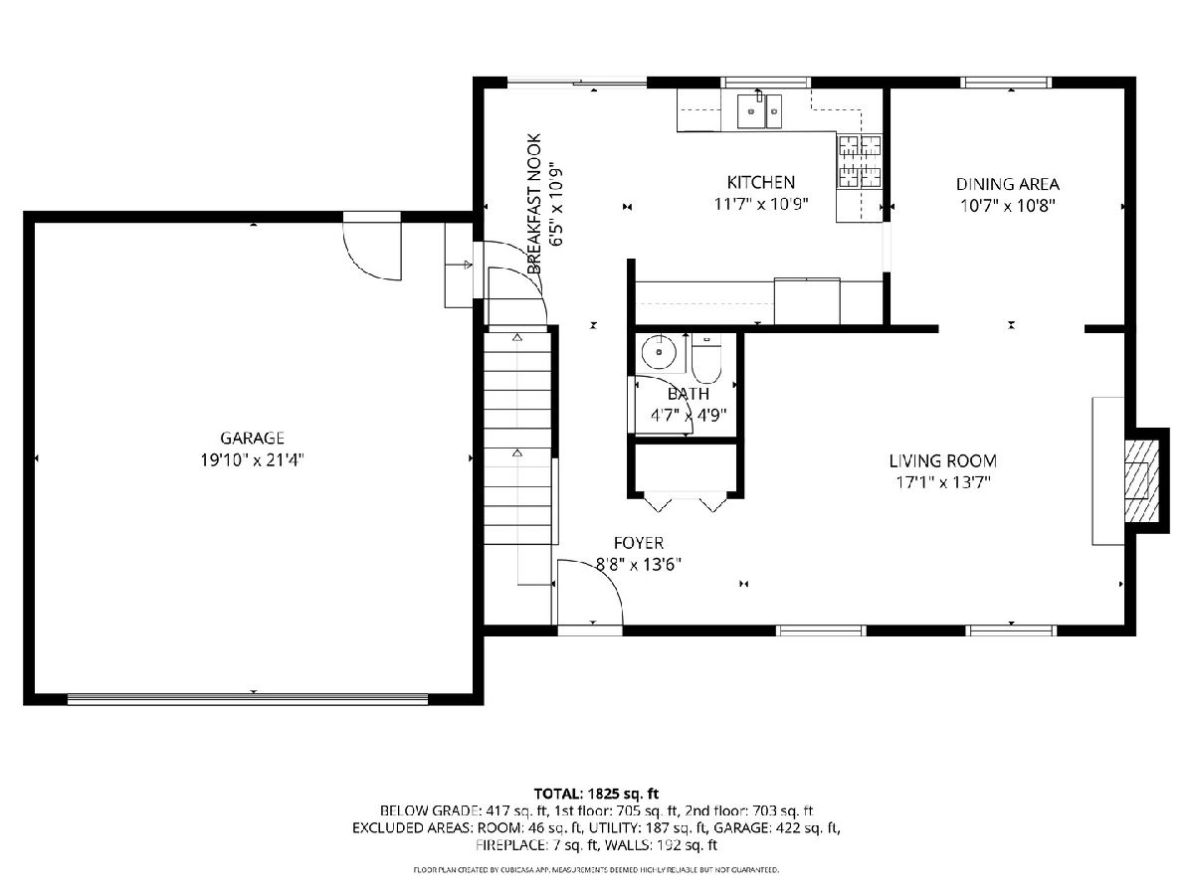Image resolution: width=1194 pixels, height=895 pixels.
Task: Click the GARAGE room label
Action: tap(252, 438)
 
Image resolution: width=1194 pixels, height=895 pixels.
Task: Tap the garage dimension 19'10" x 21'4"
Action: tap(252, 460)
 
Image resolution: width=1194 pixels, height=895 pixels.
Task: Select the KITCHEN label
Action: tap(760, 182)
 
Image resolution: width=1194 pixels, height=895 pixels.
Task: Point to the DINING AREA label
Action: tap(1007, 184)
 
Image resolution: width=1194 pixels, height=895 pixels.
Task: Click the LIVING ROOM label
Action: tap(942, 460)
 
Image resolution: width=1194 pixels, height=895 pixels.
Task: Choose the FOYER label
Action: tap(639, 543)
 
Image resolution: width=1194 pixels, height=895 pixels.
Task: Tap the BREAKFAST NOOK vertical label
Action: tap(534, 204)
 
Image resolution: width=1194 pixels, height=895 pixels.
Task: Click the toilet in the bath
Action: tap(706, 359)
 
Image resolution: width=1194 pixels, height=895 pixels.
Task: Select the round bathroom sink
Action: tap(659, 352)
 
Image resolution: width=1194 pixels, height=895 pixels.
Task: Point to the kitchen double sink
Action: tap(760, 110)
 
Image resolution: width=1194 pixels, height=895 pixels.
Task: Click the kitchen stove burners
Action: tap(860, 161)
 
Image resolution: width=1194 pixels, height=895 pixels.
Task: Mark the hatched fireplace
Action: tap(1142, 481)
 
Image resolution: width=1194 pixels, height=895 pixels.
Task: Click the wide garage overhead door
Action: tap(248, 699)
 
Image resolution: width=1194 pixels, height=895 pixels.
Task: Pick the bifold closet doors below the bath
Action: tap(686, 501)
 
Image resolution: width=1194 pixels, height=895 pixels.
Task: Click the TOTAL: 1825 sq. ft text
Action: tap(596, 794)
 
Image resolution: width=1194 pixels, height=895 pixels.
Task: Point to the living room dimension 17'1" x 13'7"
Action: tap(942, 482)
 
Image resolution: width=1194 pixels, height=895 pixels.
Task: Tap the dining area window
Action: tap(1006, 83)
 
